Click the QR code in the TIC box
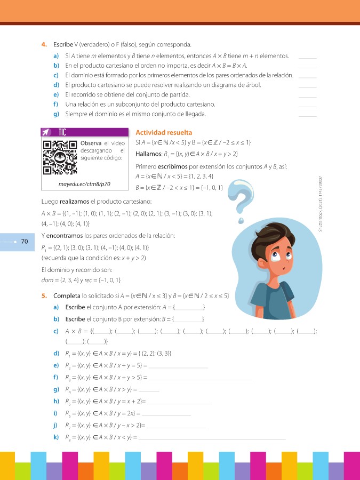point(59,158)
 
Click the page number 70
point(24,242)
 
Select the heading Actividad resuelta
point(164,133)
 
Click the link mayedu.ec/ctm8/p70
point(84,184)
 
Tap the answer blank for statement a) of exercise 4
point(308,57)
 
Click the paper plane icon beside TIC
point(46,132)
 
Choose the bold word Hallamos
point(149,154)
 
